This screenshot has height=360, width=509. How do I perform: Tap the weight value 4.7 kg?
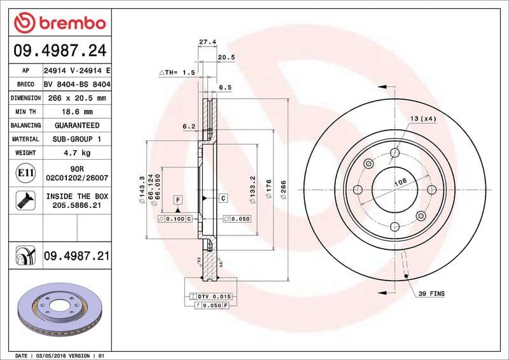(76, 153)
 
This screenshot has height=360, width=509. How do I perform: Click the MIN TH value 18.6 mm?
(76, 111)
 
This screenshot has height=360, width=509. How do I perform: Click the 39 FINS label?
(431, 293)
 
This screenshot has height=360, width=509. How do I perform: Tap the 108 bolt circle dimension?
(401, 182)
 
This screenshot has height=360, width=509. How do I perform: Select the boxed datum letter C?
(224, 198)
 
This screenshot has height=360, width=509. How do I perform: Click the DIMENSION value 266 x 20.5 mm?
(76, 98)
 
